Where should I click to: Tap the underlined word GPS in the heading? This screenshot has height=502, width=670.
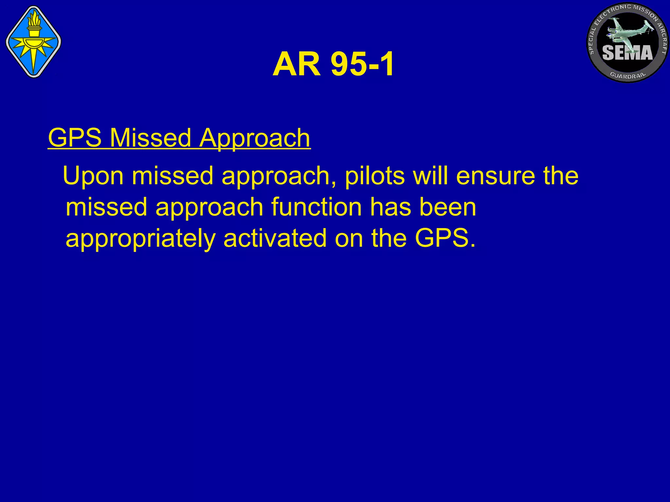75,138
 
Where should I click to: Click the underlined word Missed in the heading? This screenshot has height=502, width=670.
150,138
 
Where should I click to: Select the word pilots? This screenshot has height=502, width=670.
375,176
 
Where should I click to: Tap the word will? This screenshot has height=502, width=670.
431,176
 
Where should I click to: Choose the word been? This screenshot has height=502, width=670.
448,207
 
